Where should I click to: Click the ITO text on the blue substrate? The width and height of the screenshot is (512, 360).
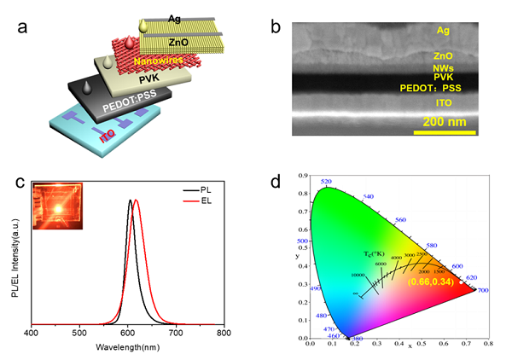point(107,136)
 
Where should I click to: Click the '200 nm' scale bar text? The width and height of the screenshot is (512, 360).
point(441,120)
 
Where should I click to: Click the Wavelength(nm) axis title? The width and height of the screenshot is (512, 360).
point(126,348)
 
